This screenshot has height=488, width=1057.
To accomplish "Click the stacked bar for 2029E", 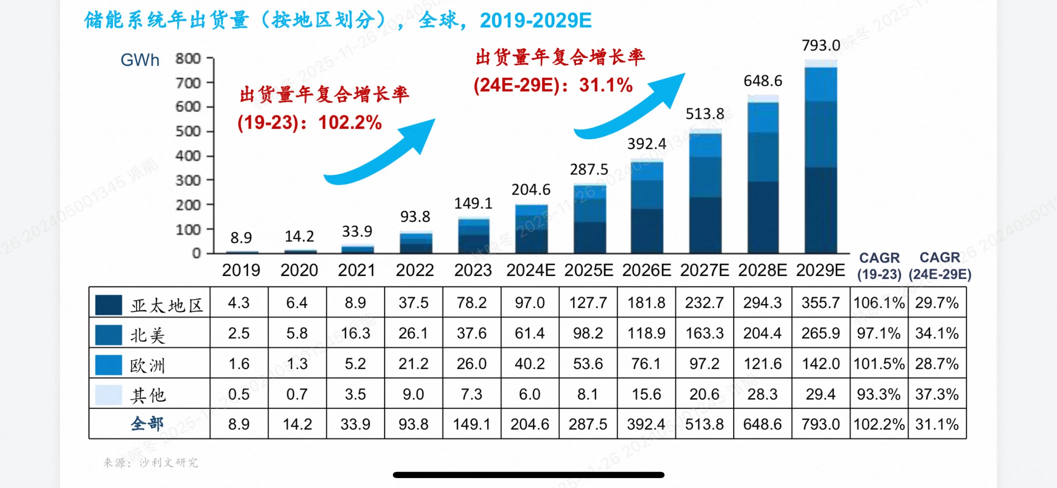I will tap(820, 158).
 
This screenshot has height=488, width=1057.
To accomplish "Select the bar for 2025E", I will tap(589, 219).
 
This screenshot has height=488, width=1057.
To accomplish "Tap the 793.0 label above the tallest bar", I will tap(820, 45).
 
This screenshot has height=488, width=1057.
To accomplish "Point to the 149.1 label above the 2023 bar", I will tap(473, 203).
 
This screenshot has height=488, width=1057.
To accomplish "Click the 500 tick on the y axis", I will tap(188, 131).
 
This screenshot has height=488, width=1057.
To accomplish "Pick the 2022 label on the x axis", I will tap(414, 270).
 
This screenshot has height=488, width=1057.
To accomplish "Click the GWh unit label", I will tap(140, 60).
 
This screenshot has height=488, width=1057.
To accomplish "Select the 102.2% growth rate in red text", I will tap(350, 122).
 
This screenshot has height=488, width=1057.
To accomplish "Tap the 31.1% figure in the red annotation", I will tap(605, 85).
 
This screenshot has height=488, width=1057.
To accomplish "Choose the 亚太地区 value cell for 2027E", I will tap(704, 302).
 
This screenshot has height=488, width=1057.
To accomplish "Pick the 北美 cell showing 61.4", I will tap(530, 333).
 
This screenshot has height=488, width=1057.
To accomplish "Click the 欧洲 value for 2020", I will tap(297, 363).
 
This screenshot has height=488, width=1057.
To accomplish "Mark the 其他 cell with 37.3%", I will tap(936, 394).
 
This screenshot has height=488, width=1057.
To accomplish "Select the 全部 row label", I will tap(147, 424).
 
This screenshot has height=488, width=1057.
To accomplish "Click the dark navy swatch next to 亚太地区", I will tap(108, 305).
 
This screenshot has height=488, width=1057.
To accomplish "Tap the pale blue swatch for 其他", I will tap(108, 394).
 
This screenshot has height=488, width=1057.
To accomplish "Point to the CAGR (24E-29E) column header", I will tap(940, 266).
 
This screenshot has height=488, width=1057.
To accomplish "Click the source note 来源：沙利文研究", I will tap(150, 462).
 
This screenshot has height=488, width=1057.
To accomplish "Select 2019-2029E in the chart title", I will tap(535, 20).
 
